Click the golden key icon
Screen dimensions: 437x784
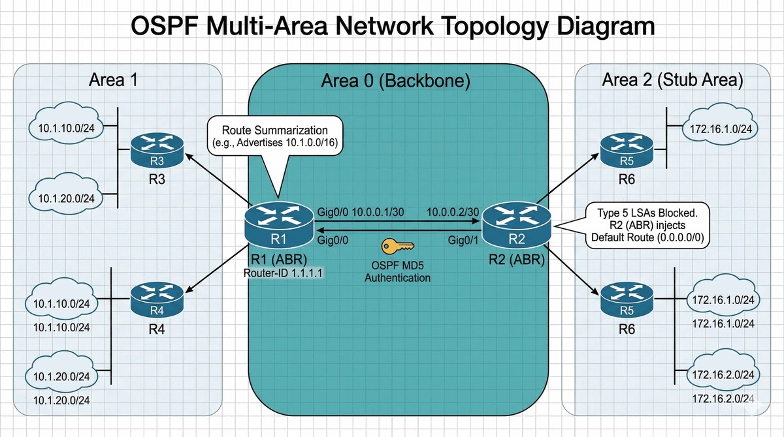397,246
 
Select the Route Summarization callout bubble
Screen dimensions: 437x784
276,135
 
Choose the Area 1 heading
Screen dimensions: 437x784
116,80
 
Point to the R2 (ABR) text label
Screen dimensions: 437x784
517,260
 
